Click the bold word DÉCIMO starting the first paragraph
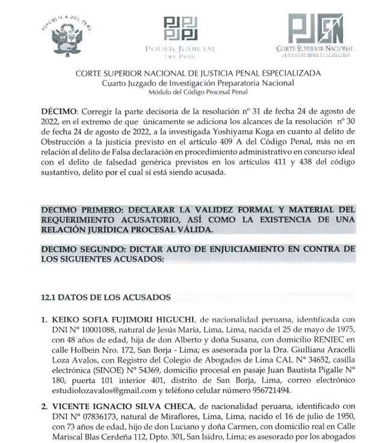point(59,112)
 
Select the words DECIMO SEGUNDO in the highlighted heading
point(84,249)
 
